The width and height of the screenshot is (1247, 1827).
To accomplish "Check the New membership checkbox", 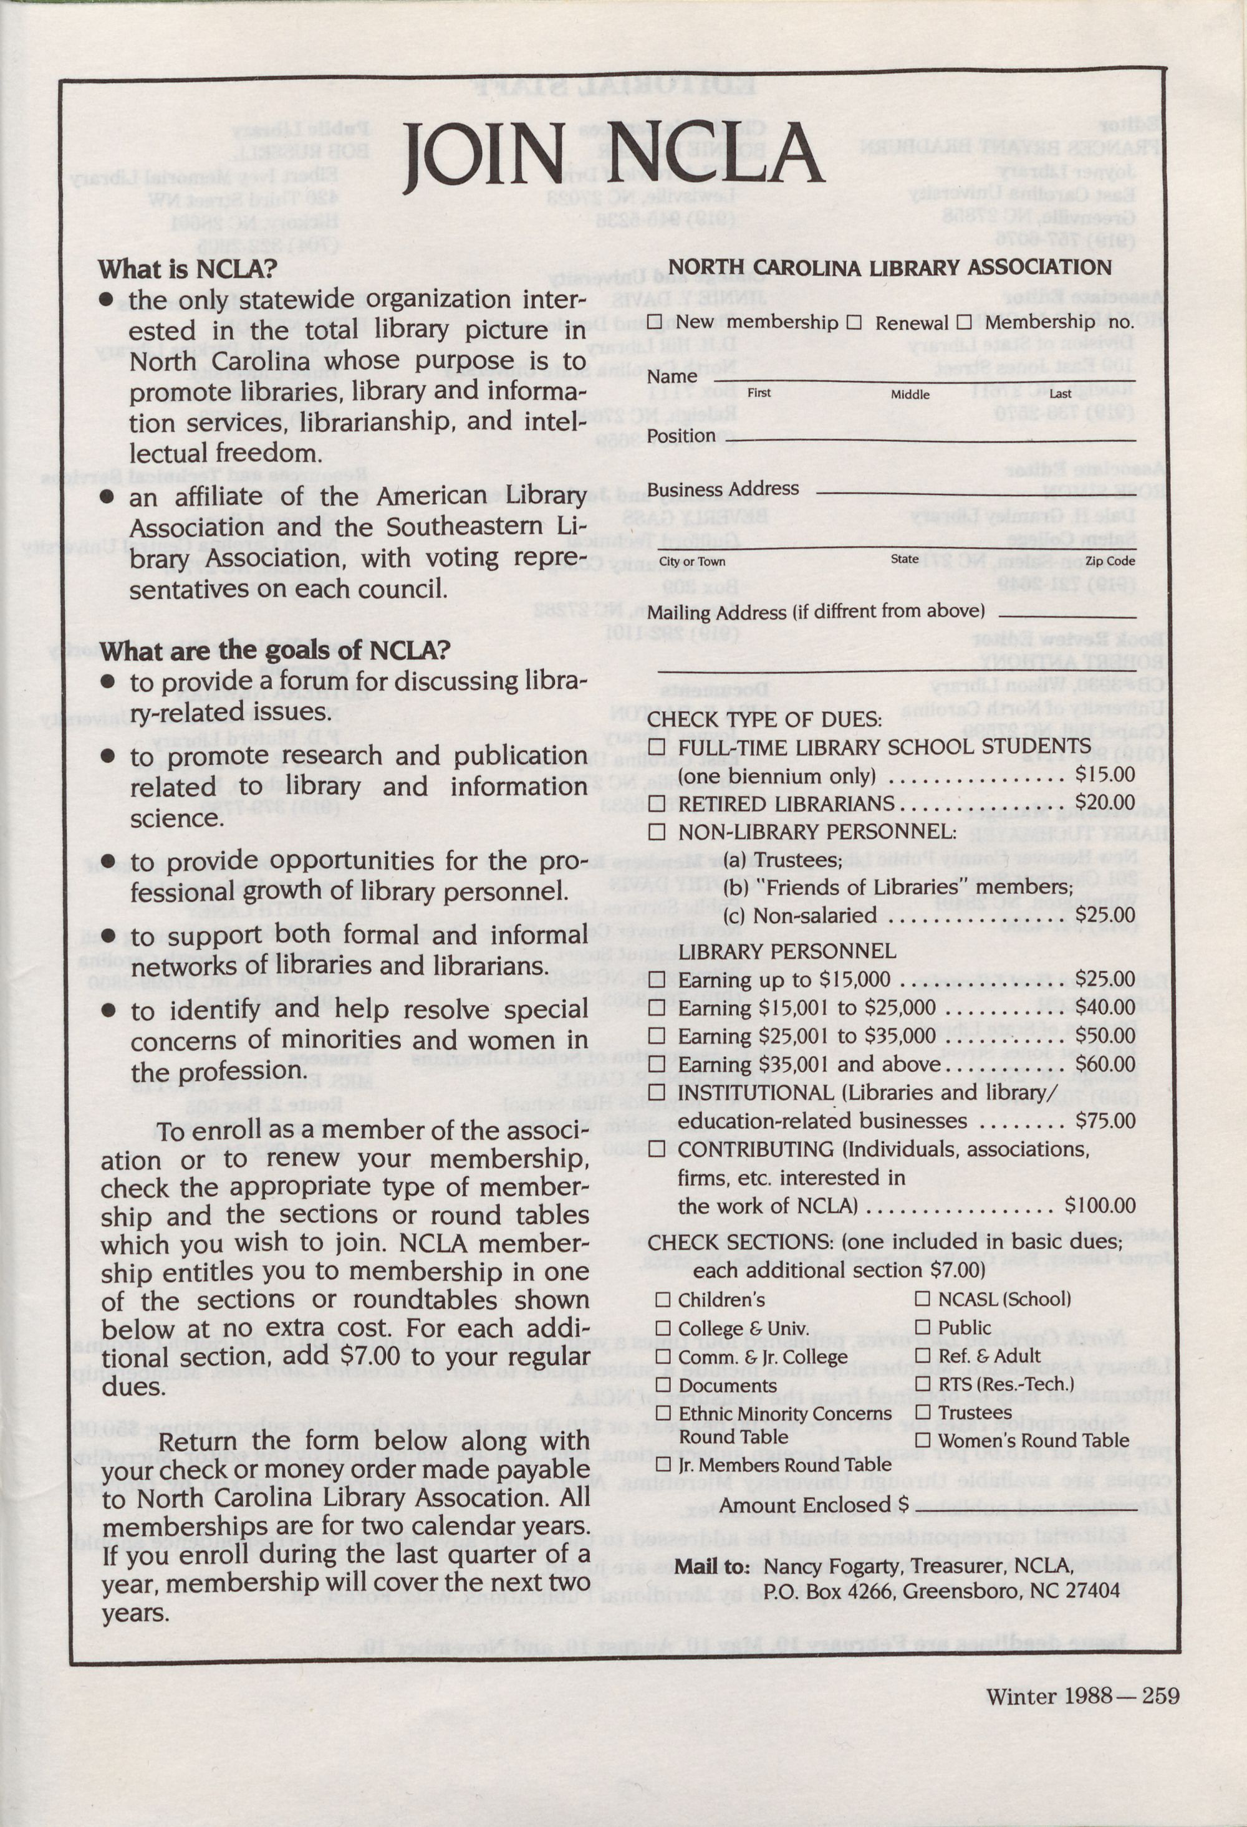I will tap(655, 322).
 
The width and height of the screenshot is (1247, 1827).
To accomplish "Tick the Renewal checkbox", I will tap(855, 322).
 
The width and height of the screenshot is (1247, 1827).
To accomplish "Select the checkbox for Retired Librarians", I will tap(657, 804).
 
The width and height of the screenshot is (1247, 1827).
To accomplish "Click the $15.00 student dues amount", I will tap(1105, 774).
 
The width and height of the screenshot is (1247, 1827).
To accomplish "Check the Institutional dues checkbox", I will tap(657, 1093).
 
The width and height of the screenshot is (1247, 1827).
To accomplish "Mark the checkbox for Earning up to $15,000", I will tap(657, 979).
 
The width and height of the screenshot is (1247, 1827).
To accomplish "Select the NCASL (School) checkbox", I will tap(923, 1300).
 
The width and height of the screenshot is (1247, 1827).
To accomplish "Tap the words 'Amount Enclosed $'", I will tap(814, 1505).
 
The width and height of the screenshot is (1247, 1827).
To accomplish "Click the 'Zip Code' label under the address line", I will tap(1110, 561).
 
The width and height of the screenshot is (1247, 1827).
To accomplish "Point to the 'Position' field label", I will tap(681, 436).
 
